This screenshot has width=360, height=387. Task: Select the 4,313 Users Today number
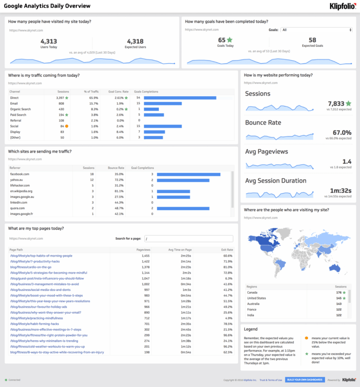tap(49, 41)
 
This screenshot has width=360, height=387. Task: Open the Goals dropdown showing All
tap(316, 30)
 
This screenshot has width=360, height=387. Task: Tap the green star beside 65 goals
tap(230, 40)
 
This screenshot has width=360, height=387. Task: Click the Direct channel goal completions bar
tap(180, 98)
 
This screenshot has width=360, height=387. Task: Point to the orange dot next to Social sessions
tap(67, 126)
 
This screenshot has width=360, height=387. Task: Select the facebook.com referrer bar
tap(188, 174)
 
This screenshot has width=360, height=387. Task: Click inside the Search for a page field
tap(188, 238)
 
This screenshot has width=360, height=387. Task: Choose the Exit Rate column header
tap(227, 250)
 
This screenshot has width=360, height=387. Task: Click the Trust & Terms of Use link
tap(271, 379)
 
